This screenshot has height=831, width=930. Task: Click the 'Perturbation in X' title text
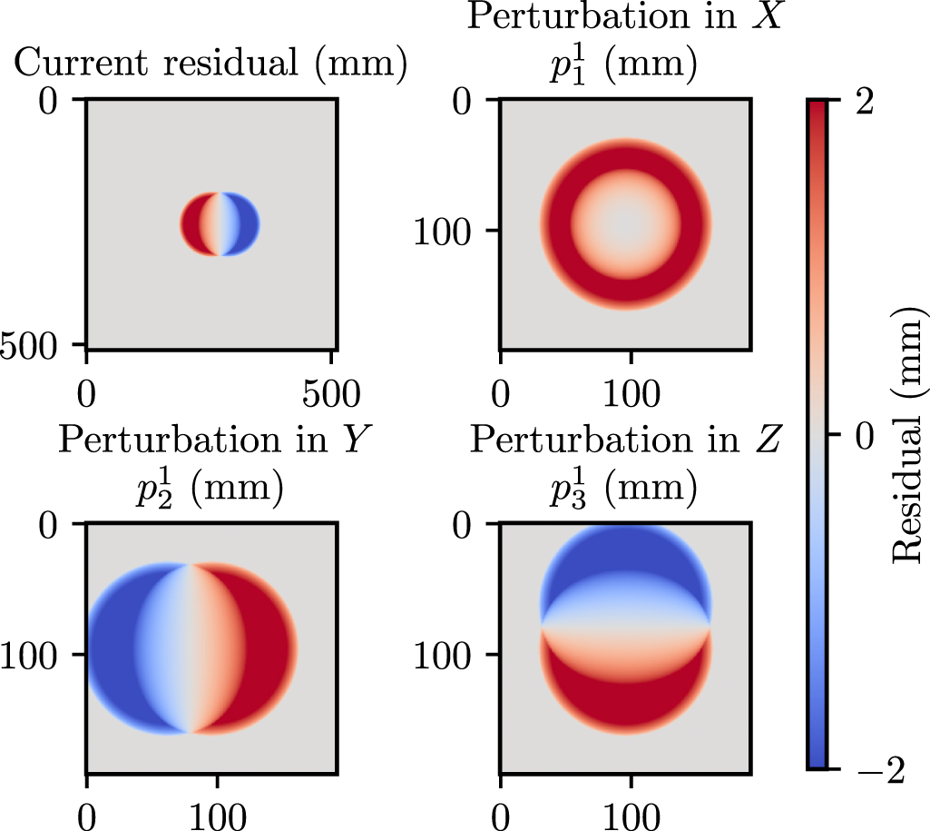[625, 18]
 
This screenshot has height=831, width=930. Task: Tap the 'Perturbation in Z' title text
[625, 441]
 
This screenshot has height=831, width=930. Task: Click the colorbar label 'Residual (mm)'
[908, 435]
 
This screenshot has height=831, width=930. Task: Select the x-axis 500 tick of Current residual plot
[332, 397]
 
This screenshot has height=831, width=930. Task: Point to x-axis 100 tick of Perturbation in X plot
[630, 397]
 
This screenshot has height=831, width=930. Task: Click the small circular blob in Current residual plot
[220, 223]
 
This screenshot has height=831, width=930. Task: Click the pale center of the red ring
[626, 223]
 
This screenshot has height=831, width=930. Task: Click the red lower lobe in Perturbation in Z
[626, 699]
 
